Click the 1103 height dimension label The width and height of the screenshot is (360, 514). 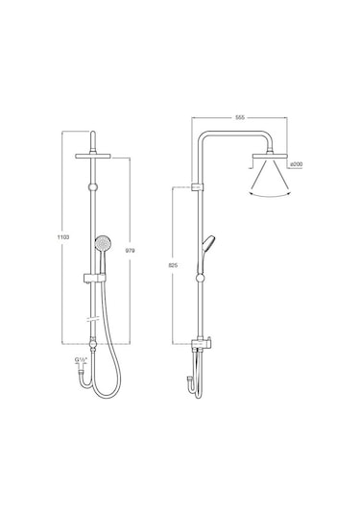63,237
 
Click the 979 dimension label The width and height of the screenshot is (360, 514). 130,251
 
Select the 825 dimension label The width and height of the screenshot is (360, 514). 173,265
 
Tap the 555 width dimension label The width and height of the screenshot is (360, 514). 240,117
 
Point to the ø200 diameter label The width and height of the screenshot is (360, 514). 297,164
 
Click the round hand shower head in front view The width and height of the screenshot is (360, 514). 102,244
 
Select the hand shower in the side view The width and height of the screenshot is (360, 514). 206,253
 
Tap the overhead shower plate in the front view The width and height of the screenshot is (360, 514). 93,156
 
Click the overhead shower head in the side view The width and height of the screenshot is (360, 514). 270,156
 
